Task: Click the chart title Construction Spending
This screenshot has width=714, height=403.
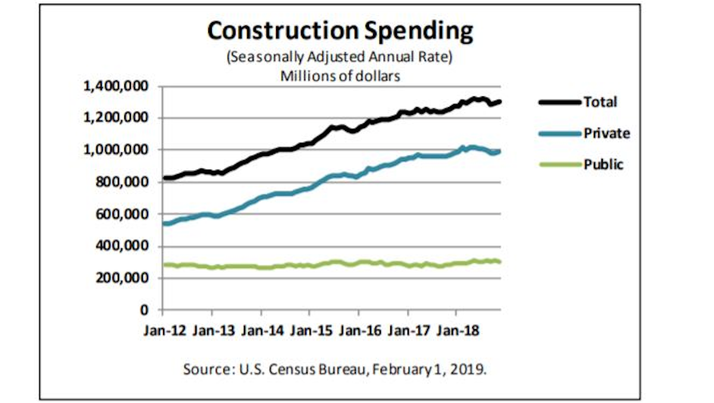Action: tap(340, 32)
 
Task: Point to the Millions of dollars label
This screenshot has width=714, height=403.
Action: tap(340, 76)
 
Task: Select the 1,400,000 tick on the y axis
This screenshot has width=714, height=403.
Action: tap(115, 86)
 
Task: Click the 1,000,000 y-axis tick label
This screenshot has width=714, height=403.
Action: tap(115, 150)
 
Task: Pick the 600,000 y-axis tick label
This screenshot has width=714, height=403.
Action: tap(121, 214)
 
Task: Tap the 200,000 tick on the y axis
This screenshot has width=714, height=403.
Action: tap(121, 278)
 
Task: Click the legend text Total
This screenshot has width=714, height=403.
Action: tap(600, 102)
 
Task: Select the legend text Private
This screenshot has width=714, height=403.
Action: tap(606, 133)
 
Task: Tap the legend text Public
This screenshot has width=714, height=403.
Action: tap(603, 165)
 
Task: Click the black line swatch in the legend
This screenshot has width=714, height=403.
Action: tap(559, 102)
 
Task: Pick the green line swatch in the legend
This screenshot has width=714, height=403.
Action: tap(559, 165)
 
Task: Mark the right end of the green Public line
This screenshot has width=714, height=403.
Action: tap(499, 262)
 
